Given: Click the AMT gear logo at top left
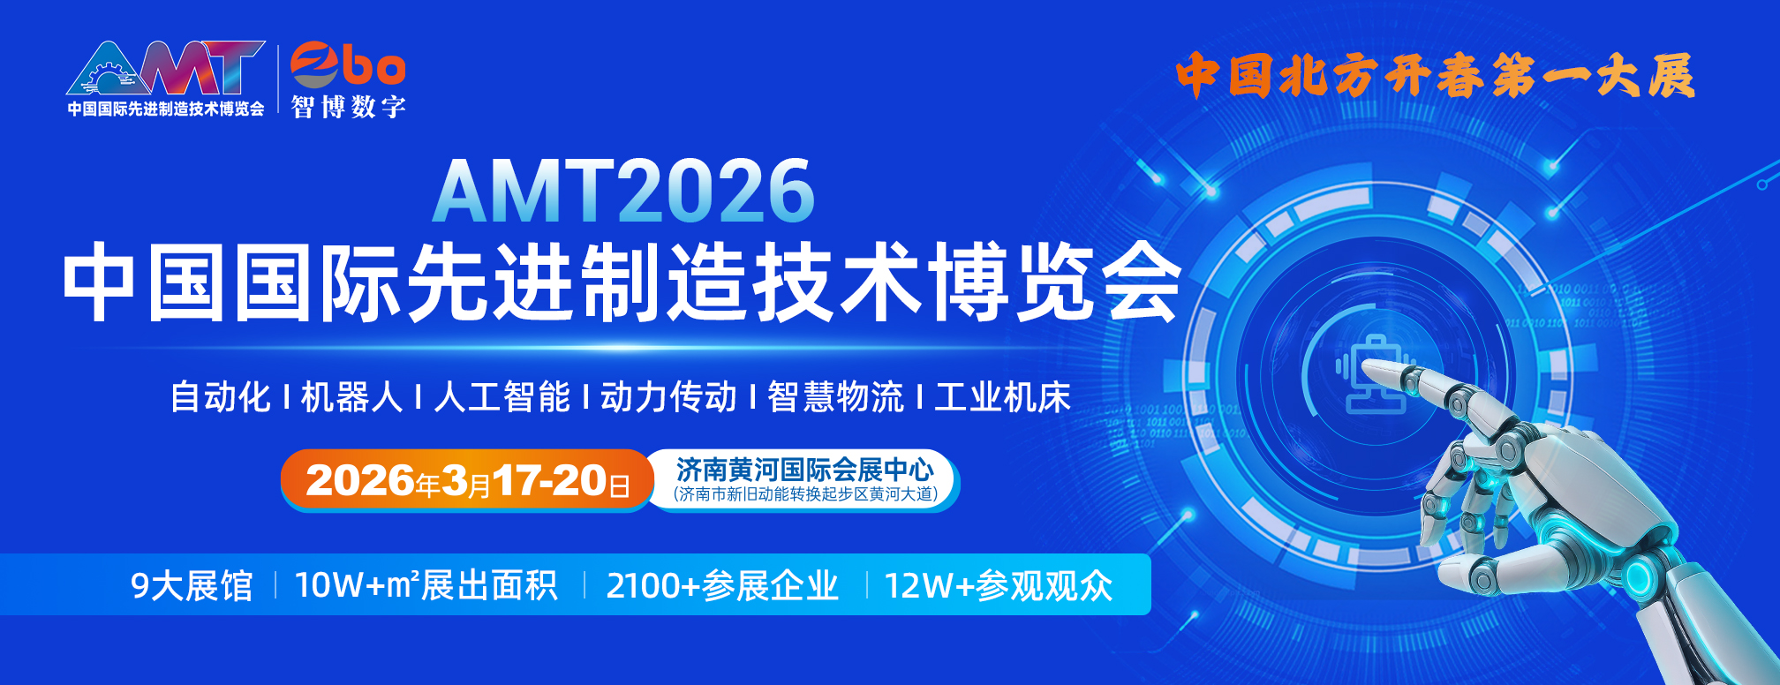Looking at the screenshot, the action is coord(166,69).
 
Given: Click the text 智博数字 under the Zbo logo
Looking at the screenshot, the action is coord(348,107).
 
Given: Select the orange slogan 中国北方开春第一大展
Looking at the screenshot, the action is coord(1436,75).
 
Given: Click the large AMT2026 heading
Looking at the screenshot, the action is coord(623,191).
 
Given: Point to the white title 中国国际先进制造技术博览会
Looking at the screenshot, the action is coord(622,282).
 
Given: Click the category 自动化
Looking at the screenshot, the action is coord(221,396).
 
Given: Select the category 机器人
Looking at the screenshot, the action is coord(351,396).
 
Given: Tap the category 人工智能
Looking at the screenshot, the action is coord(502,396).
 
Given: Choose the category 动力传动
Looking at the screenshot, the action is coord(669,396).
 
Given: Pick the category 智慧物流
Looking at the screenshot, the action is coord(835,396).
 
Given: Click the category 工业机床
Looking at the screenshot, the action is coord(1003,396).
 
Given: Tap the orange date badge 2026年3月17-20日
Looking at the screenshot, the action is coord(467,480).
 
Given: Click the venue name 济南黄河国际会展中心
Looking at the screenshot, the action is coord(804,469).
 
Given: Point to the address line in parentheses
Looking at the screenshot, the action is coord(804,494).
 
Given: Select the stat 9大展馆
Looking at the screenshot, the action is coord(192,585).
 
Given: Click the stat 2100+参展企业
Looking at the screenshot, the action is coord(722,585).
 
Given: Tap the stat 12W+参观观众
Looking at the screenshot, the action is coord(999,585).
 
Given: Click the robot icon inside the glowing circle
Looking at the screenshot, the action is coord(1376,374).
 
